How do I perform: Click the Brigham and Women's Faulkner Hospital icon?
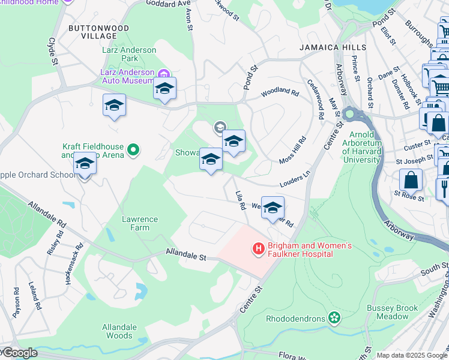click(x=259, y=248)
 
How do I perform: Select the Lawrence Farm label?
click(x=140, y=223)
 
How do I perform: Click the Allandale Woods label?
click(x=119, y=331)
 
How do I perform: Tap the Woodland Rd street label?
click(x=280, y=93)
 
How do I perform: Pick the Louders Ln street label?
click(x=294, y=179)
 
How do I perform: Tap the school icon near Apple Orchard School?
click(x=85, y=164)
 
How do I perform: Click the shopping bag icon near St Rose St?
click(x=411, y=179)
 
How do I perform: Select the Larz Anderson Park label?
click(x=130, y=54)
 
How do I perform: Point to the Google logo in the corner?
click(x=19, y=353)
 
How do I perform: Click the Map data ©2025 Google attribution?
click(x=412, y=355)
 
